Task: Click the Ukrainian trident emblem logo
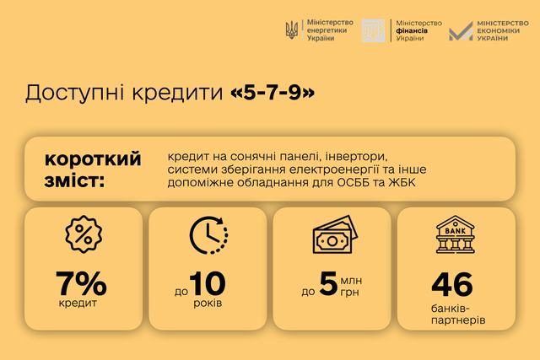(x=291, y=30)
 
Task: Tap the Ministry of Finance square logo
(x=373, y=30)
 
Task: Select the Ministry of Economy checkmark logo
(x=461, y=31)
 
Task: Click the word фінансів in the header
(x=412, y=30)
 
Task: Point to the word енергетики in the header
(x=327, y=30)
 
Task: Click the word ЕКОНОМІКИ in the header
(x=498, y=30)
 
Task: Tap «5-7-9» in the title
(x=273, y=93)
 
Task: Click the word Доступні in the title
(x=74, y=94)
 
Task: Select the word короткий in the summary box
(x=93, y=159)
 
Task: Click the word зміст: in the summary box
(x=74, y=180)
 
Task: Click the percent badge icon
(x=84, y=234)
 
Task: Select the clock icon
(x=208, y=235)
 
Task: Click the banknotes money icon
(x=335, y=234)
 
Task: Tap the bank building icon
(x=456, y=234)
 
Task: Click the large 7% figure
(x=81, y=283)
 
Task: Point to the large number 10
(x=208, y=283)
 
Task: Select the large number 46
(x=452, y=284)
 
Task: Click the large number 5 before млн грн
(x=328, y=283)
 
